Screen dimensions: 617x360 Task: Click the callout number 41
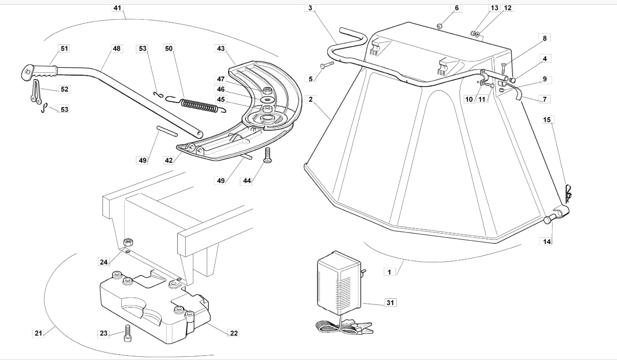click(118, 8)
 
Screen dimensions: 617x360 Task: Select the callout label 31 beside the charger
click(390, 303)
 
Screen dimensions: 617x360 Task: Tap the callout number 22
click(234, 333)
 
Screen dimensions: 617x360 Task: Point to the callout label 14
click(547, 242)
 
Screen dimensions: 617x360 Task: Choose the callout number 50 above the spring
click(168, 49)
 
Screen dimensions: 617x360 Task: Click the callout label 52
click(64, 89)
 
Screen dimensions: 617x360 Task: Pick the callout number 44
click(247, 181)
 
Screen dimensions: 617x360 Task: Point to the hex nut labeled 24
click(128, 243)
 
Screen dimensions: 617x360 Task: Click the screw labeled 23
click(127, 333)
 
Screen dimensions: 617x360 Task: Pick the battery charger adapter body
click(339, 283)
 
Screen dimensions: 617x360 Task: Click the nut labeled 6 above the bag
click(440, 26)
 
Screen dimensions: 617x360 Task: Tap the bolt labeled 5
click(327, 65)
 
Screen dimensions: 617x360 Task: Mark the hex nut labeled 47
click(266, 91)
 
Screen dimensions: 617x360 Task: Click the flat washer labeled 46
click(266, 99)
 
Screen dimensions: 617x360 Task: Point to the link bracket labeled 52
click(35, 91)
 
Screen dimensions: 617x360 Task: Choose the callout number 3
click(310, 8)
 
